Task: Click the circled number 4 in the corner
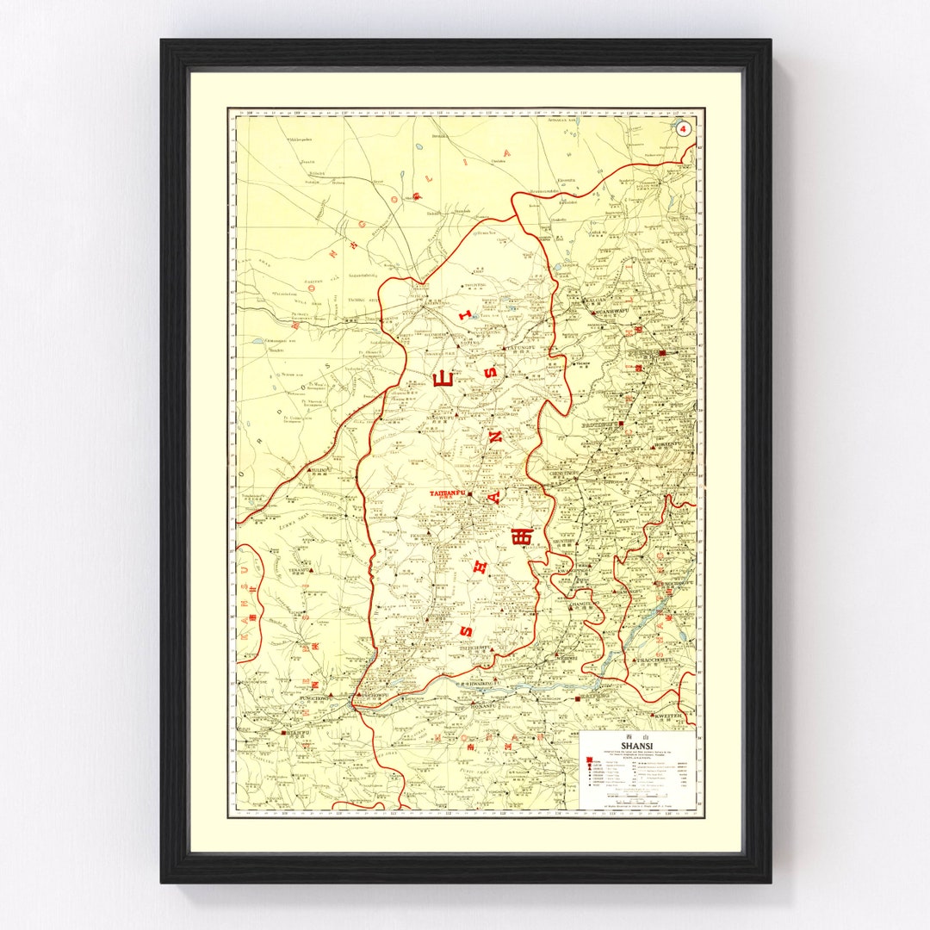(684, 129)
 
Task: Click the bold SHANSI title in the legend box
(637, 747)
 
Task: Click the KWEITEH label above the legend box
(668, 716)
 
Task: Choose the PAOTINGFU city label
(606, 425)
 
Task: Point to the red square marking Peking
(662, 353)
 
